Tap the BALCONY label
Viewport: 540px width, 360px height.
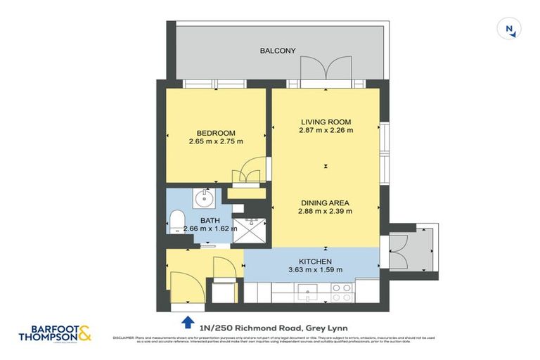click(x=278, y=51)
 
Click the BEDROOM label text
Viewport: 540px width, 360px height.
click(x=215, y=133)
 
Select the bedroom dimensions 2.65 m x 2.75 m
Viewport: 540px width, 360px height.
click(x=215, y=141)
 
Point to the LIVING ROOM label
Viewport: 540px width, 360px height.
click(x=326, y=121)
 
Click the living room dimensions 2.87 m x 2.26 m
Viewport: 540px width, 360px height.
click(x=326, y=129)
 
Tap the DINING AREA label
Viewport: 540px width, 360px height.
click(x=326, y=202)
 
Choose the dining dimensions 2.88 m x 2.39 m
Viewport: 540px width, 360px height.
click(x=326, y=210)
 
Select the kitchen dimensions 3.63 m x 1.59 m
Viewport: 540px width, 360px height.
click(x=315, y=270)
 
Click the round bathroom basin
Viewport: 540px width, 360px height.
click(x=205, y=198)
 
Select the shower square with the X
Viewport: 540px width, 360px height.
click(x=247, y=231)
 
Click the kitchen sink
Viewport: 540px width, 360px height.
click(x=308, y=290)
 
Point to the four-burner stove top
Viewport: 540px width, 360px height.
click(x=341, y=292)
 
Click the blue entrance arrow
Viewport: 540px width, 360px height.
click(x=187, y=322)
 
